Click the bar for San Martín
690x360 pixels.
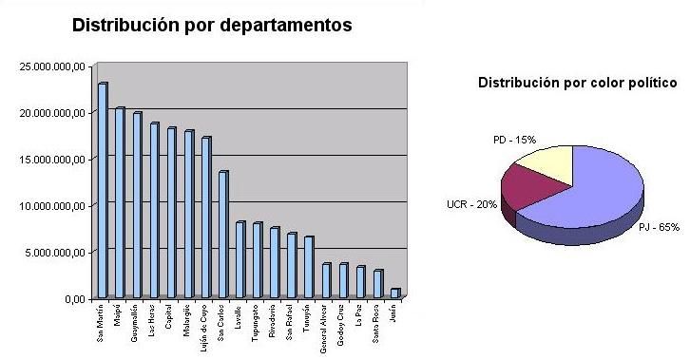[x=102, y=191]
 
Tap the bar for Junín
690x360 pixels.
[x=394, y=294]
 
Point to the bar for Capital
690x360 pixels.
[x=171, y=214]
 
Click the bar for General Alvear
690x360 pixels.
[x=326, y=281]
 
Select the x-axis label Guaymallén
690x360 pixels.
[x=137, y=325]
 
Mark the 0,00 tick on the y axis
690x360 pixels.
[x=73, y=299]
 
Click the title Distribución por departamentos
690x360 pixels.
[x=212, y=26]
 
